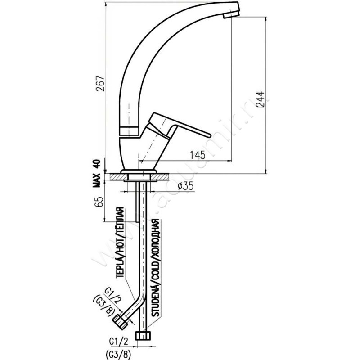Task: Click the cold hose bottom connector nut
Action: (144, 336)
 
